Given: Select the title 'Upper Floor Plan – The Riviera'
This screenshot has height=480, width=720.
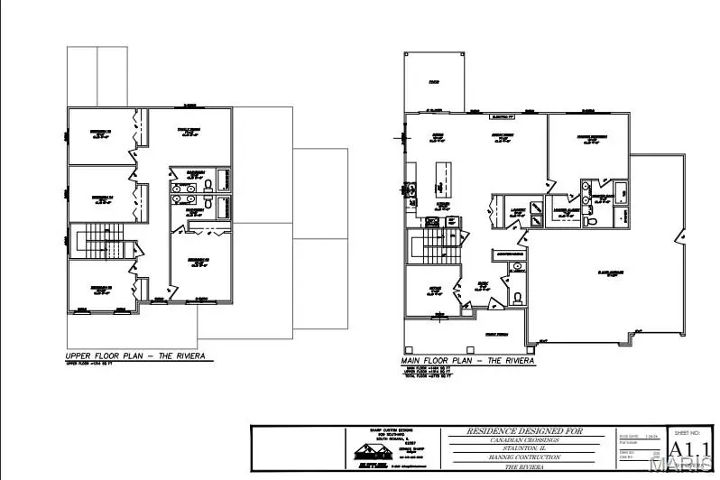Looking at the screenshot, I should pyautogui.click(x=134, y=356).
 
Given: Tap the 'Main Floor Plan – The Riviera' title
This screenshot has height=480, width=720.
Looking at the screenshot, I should pyautogui.click(x=466, y=360).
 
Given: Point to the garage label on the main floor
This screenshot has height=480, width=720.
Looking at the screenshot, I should pyautogui.click(x=587, y=272).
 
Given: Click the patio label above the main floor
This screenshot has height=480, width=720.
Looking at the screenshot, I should pyautogui.click(x=433, y=82).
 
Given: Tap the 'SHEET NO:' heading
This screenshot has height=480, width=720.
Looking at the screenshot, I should pyautogui.click(x=689, y=431).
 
